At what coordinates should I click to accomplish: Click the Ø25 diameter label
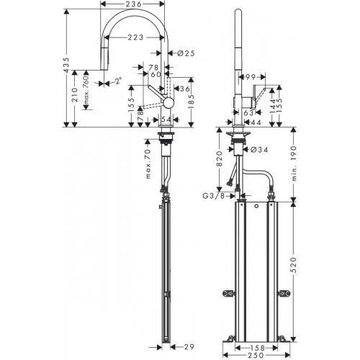tap(181, 53)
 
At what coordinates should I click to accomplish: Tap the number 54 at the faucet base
tap(166, 119)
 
